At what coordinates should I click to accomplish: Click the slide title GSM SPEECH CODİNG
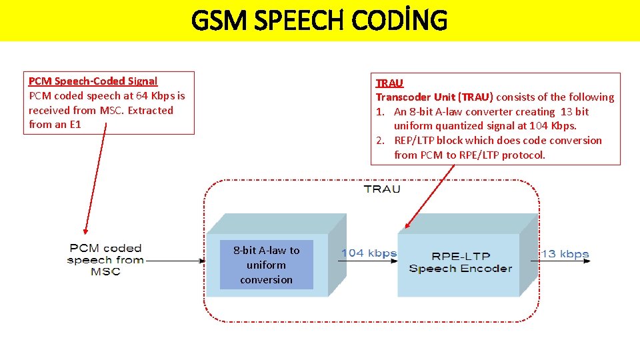319,21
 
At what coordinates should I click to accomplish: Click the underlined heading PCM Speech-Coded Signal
93,81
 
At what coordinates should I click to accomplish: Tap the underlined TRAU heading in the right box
389,83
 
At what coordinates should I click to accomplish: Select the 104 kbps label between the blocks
369,253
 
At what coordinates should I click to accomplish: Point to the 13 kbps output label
565,253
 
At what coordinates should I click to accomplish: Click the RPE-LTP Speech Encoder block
460,263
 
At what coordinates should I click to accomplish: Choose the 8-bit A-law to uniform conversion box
266,265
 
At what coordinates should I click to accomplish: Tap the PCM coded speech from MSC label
105,260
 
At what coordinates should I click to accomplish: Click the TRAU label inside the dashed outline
382,189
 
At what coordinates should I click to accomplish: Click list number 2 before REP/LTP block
379,141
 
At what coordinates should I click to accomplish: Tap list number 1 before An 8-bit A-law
379,112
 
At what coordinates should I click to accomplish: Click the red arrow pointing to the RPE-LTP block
430,197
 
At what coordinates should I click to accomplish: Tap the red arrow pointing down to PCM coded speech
95,180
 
